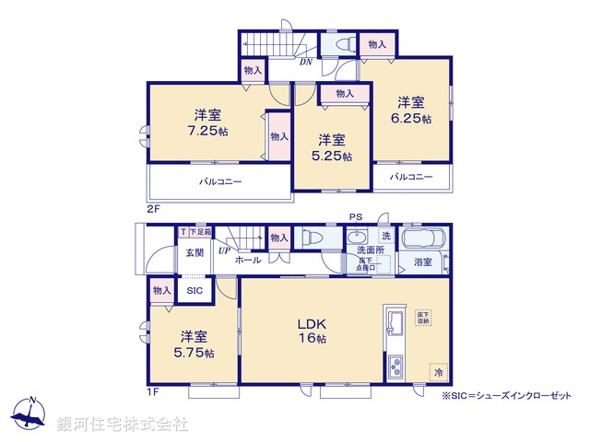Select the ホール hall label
pyautogui.click(x=247, y=261)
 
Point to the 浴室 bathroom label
pyautogui.click(x=423, y=262)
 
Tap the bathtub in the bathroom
pyautogui.click(x=425, y=237)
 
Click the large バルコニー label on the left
pyautogui.click(x=220, y=181)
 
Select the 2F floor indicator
pyautogui.click(x=154, y=209)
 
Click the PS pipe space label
pyautogui.click(x=355, y=217)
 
